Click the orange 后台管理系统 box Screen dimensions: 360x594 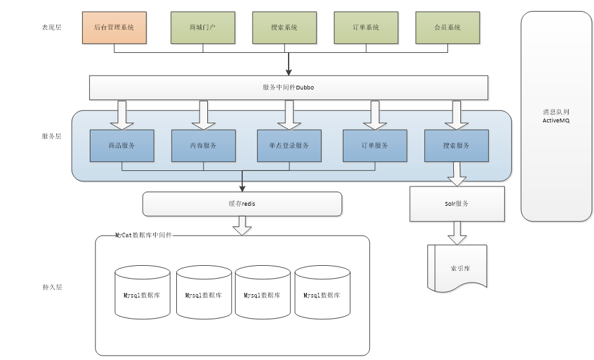(x=114, y=28)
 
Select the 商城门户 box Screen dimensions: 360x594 (x=203, y=28)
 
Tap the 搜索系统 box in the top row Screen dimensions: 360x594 (x=284, y=28)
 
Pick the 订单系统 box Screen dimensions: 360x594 (x=366, y=28)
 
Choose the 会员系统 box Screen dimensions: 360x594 (x=447, y=28)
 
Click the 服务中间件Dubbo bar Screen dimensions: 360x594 (x=289, y=88)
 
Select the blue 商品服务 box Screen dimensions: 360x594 (x=122, y=146)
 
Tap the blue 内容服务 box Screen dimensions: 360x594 (x=203, y=146)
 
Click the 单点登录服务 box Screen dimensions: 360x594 (x=289, y=146)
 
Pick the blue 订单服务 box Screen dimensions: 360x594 (x=375, y=146)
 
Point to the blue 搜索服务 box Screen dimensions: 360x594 (x=456, y=146)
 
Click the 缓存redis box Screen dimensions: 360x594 (x=242, y=204)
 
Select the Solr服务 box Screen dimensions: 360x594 (x=457, y=204)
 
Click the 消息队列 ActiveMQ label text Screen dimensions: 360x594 (x=557, y=116)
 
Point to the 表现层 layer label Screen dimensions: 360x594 (x=52, y=28)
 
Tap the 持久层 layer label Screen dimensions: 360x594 (x=52, y=286)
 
